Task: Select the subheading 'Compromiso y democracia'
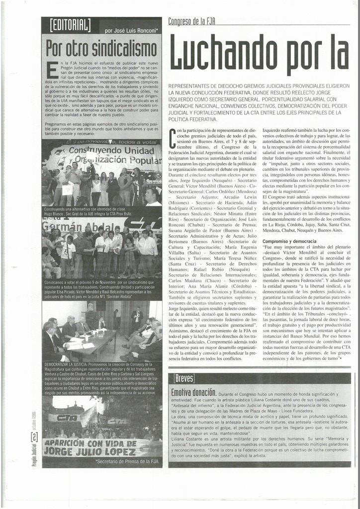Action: (x=290, y=242)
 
